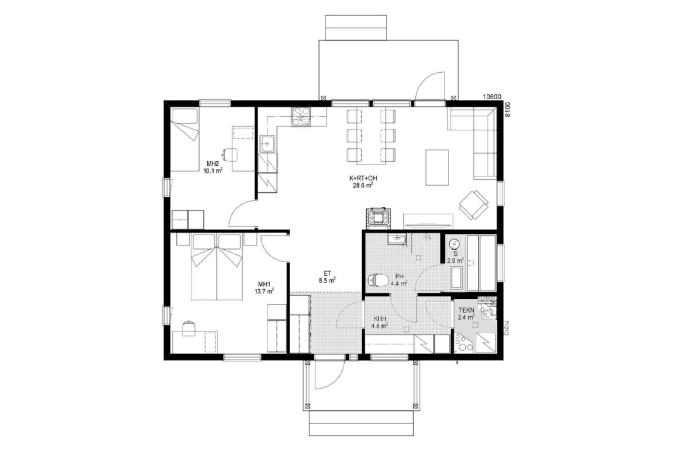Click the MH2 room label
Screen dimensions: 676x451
pos(212,163)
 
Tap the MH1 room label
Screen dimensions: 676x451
pos(264,284)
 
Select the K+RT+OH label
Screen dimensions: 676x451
pos(363,178)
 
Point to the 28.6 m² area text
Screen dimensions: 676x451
pos(363,185)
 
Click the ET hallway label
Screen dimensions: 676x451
pos(327,273)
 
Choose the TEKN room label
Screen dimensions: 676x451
pos(466,310)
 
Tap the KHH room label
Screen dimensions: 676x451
pos(380,319)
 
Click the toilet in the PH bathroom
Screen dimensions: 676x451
pos(378,280)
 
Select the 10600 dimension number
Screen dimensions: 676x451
pos(492,97)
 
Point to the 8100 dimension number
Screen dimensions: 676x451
pos(508,110)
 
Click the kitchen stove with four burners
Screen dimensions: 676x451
pos(301,117)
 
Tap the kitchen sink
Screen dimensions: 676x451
pos(268,144)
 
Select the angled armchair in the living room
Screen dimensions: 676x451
pos(474,205)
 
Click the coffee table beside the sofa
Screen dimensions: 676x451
pos(437,167)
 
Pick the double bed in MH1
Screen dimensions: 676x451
pos(217,267)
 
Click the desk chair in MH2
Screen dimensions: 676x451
pos(230,155)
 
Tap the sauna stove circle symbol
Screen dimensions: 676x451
pos(454,244)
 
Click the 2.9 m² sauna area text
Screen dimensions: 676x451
pos(455,260)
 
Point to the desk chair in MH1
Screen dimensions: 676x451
pos(189,328)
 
